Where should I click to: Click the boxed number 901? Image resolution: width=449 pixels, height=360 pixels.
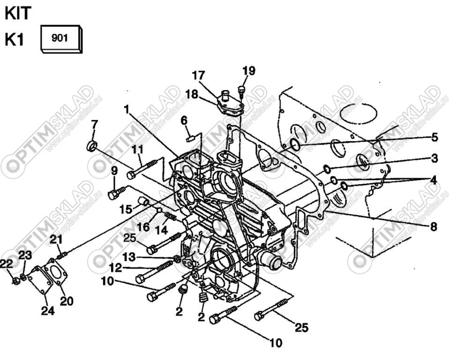click(x=60, y=38)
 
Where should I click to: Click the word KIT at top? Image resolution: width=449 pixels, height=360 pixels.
click(x=18, y=13)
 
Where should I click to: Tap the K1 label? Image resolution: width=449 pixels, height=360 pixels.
click(x=14, y=40)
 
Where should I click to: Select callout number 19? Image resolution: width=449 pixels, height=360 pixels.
click(x=249, y=71)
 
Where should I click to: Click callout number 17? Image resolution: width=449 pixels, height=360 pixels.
click(x=198, y=75)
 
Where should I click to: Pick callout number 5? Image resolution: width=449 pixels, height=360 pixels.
click(x=434, y=137)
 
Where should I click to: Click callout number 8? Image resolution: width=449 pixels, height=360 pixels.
click(x=433, y=227)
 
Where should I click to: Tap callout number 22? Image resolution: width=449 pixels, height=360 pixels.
click(x=6, y=264)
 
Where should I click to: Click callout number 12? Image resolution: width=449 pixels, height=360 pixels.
click(x=115, y=268)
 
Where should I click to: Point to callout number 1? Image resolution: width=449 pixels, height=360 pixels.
click(x=126, y=109)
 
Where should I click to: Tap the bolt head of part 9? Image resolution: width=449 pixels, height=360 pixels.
click(x=113, y=194)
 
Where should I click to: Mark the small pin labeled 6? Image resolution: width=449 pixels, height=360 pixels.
click(x=190, y=138)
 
